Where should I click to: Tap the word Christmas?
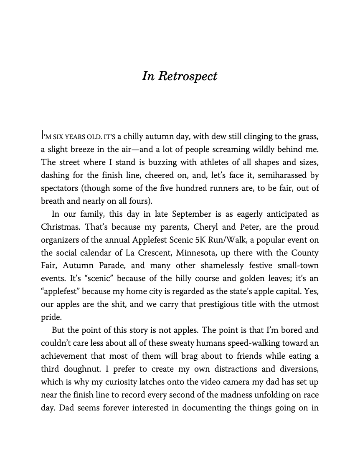pyautogui.click(x=61, y=227)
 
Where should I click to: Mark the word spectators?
pyautogui.click(x=60, y=188)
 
